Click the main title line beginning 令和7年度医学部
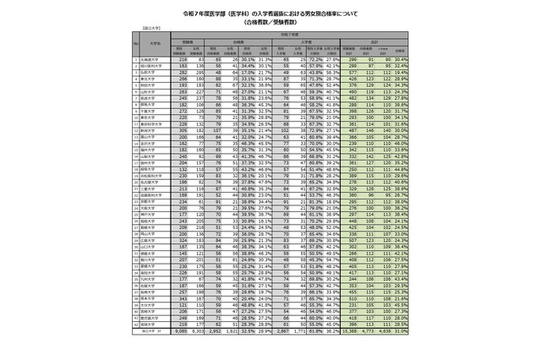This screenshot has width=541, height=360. [x=270, y=14]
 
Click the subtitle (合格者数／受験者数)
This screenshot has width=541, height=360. [x=270, y=24]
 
